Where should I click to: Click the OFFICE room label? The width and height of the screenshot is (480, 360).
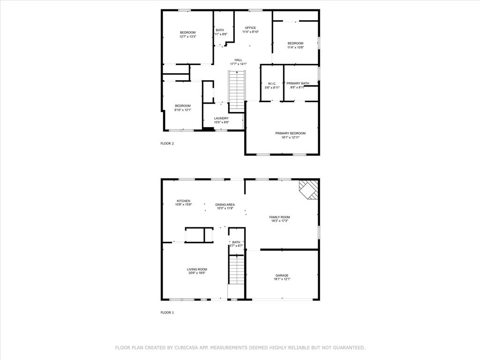pyautogui.click(x=250, y=28)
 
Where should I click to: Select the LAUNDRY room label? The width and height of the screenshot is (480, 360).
pyautogui.click(x=221, y=118)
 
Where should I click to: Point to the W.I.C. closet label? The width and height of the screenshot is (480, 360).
pyautogui.click(x=272, y=83)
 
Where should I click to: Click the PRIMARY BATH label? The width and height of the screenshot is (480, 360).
pyautogui.click(x=298, y=83)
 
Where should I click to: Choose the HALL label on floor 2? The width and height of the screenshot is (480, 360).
pyautogui.click(x=238, y=60)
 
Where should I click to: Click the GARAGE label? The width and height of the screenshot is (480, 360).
pyautogui.click(x=282, y=275)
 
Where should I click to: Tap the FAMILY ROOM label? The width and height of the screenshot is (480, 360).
pyautogui.click(x=279, y=217)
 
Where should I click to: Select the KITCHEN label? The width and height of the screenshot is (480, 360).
pyautogui.click(x=183, y=201)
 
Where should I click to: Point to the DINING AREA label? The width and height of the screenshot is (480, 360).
pyautogui.click(x=225, y=204)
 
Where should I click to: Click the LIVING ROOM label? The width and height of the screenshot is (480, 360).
pyautogui.click(x=197, y=269)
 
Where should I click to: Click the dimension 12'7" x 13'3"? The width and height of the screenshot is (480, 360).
pyautogui.click(x=187, y=37)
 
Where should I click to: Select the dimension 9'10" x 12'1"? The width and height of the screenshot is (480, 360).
pyautogui.click(x=183, y=110)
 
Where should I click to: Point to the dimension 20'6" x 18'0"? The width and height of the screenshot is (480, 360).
pyautogui.click(x=197, y=273)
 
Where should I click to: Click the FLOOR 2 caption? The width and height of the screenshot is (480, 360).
pyautogui.click(x=167, y=143)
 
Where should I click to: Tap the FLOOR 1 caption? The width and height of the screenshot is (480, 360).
pyautogui.click(x=167, y=312)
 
